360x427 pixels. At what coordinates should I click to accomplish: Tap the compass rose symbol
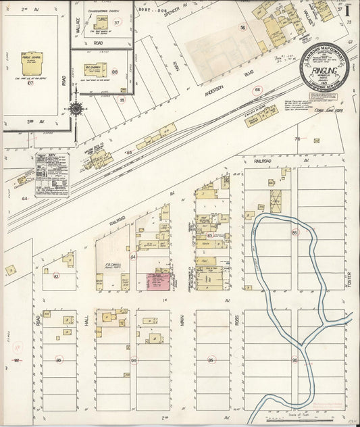click(76, 107)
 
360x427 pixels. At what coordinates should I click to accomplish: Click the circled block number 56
click(242, 27)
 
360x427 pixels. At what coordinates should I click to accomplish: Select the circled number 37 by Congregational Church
click(116, 22)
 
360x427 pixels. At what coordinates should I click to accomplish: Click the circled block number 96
click(294, 361)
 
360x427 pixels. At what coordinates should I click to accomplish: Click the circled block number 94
click(134, 361)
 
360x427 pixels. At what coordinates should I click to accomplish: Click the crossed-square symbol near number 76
click(317, 140)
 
